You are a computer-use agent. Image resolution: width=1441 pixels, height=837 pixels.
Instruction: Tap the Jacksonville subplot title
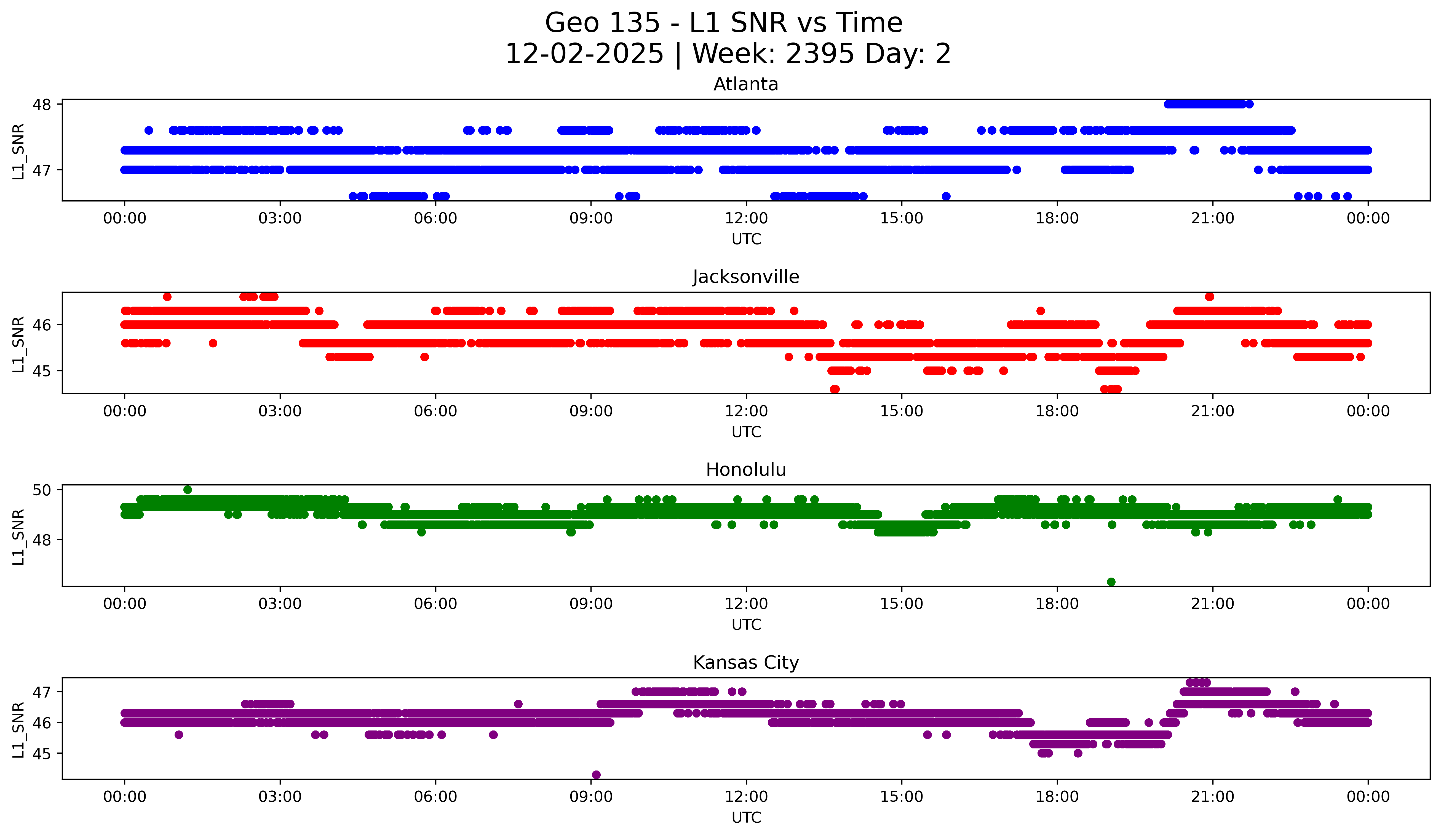click(746, 277)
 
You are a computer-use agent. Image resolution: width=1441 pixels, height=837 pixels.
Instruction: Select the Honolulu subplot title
click(746, 470)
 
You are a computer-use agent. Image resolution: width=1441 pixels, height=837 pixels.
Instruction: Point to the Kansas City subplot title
click(746, 663)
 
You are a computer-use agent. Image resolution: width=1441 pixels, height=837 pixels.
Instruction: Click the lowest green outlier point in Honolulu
click(1111, 582)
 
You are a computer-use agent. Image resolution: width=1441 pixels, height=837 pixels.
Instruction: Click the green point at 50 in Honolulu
click(188, 490)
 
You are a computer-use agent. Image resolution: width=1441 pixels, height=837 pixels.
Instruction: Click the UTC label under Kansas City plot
click(746, 818)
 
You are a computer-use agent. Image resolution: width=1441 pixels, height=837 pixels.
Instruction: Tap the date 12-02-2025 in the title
click(584, 54)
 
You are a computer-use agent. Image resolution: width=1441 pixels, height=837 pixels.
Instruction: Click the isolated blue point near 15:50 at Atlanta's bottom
click(946, 196)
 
